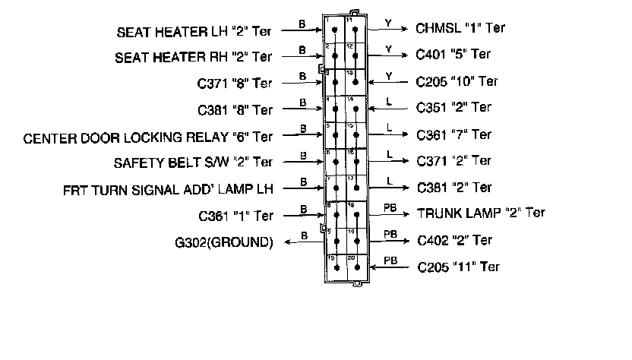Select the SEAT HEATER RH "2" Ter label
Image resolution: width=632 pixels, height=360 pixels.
194,57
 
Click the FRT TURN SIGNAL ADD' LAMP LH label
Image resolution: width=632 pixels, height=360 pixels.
168,189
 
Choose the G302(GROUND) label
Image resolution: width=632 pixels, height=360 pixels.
224,243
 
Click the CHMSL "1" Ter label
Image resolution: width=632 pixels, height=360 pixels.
460,29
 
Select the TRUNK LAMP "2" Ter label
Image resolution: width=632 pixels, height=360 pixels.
480,213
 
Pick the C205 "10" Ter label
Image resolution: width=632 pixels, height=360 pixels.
457,81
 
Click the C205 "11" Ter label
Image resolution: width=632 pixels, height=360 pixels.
459,267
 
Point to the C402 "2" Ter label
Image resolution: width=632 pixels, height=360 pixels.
455,241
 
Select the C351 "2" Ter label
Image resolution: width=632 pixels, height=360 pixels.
454,108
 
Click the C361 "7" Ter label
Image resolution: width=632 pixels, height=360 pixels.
454,135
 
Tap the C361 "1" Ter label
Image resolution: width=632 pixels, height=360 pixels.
235,216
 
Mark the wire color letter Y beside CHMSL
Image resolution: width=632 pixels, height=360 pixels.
387,24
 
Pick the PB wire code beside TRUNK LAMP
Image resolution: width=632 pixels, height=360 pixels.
390,207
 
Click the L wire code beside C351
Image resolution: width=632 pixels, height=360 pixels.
389,102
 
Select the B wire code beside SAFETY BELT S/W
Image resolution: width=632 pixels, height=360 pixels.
302,155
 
